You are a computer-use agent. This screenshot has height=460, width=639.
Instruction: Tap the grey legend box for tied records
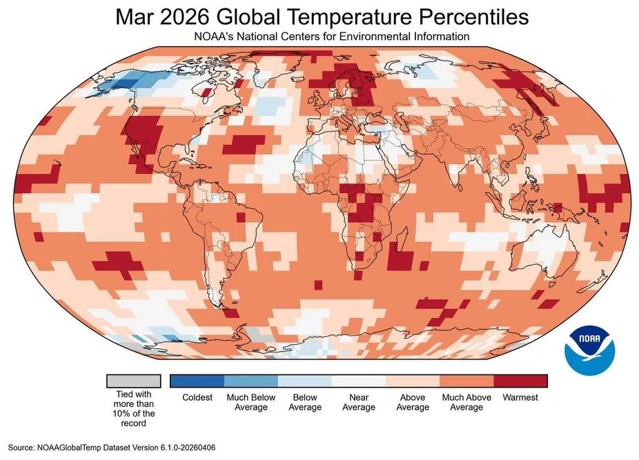[133, 381]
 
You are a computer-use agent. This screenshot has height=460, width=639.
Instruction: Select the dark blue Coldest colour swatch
[197, 381]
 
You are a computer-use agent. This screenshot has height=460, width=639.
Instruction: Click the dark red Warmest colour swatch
[520, 381]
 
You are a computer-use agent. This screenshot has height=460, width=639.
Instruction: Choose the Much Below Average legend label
[250, 402]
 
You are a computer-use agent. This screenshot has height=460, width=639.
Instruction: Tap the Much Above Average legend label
[466, 402]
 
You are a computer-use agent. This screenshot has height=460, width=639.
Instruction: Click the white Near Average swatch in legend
[358, 381]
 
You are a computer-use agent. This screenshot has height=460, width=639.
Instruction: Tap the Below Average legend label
[304, 402]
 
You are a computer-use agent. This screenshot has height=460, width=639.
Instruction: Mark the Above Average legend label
[413, 402]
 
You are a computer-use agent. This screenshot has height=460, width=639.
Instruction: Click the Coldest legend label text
[197, 398]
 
